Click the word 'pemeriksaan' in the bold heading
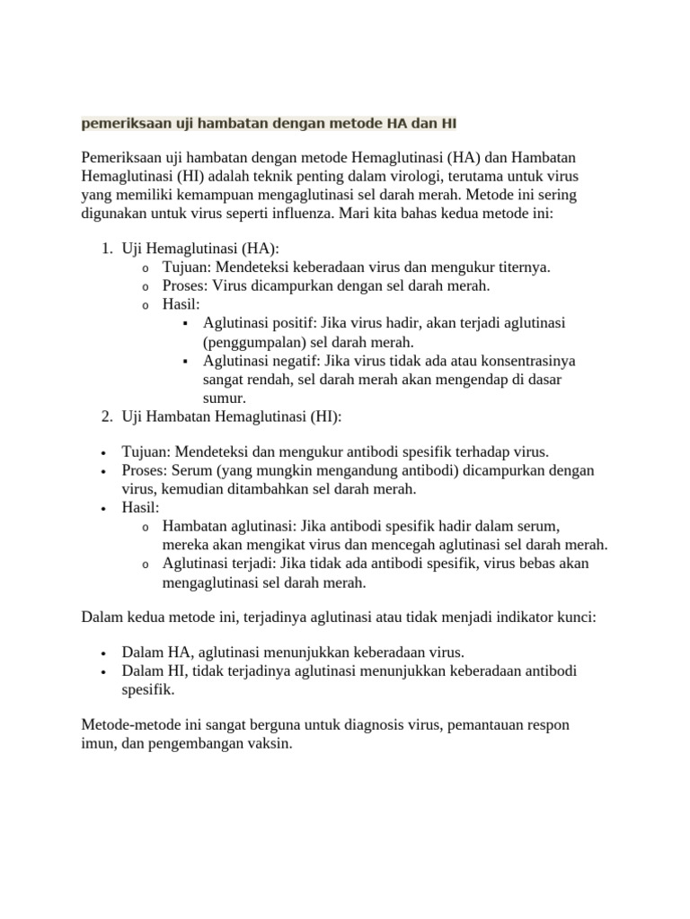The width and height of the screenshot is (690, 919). coord(121,121)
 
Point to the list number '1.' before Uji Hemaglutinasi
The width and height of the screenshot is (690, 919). coord(106,248)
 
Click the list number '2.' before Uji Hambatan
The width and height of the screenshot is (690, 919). coord(106,417)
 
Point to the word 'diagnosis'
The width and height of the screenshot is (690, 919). coord(354,725)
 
